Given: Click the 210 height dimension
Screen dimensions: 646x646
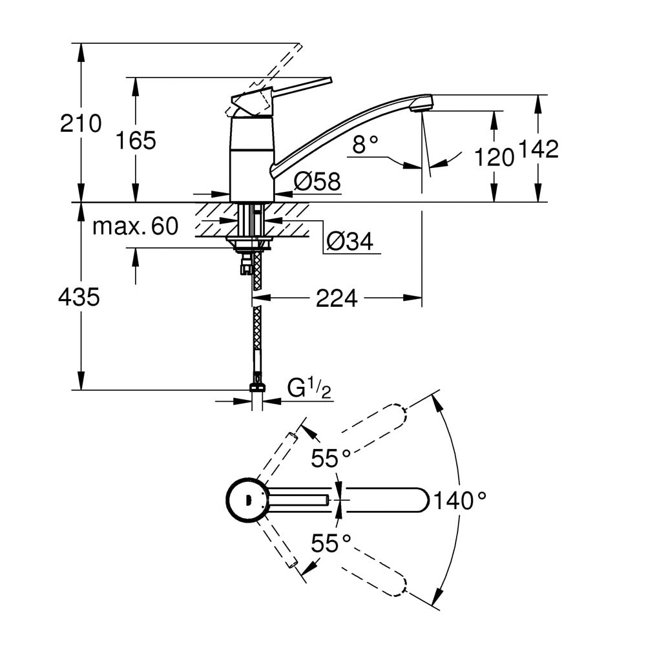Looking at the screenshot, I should pos(81,123).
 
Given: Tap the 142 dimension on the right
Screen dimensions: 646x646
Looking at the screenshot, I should pos(537,150).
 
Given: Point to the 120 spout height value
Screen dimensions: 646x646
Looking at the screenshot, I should pos(494,157).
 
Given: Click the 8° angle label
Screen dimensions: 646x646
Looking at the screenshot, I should pos(365,145).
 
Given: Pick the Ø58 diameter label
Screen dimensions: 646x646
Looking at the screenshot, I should pos(317,182).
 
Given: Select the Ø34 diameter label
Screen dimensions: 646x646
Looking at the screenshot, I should pos(349,242).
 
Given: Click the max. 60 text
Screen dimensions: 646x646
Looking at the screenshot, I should pos(135,226).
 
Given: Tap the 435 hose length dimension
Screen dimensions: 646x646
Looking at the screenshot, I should pos(79,297).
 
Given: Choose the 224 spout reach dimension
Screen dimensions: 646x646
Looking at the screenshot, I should pos(337,298).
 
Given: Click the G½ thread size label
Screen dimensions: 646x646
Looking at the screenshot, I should pos(309,390).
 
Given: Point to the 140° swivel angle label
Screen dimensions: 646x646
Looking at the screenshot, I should pos(459,500).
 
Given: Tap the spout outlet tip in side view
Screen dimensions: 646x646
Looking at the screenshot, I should pos(421,104).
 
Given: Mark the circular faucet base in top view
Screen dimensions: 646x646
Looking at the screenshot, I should pos(245,499).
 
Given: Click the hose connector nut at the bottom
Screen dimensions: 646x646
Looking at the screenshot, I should pos(256,388).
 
